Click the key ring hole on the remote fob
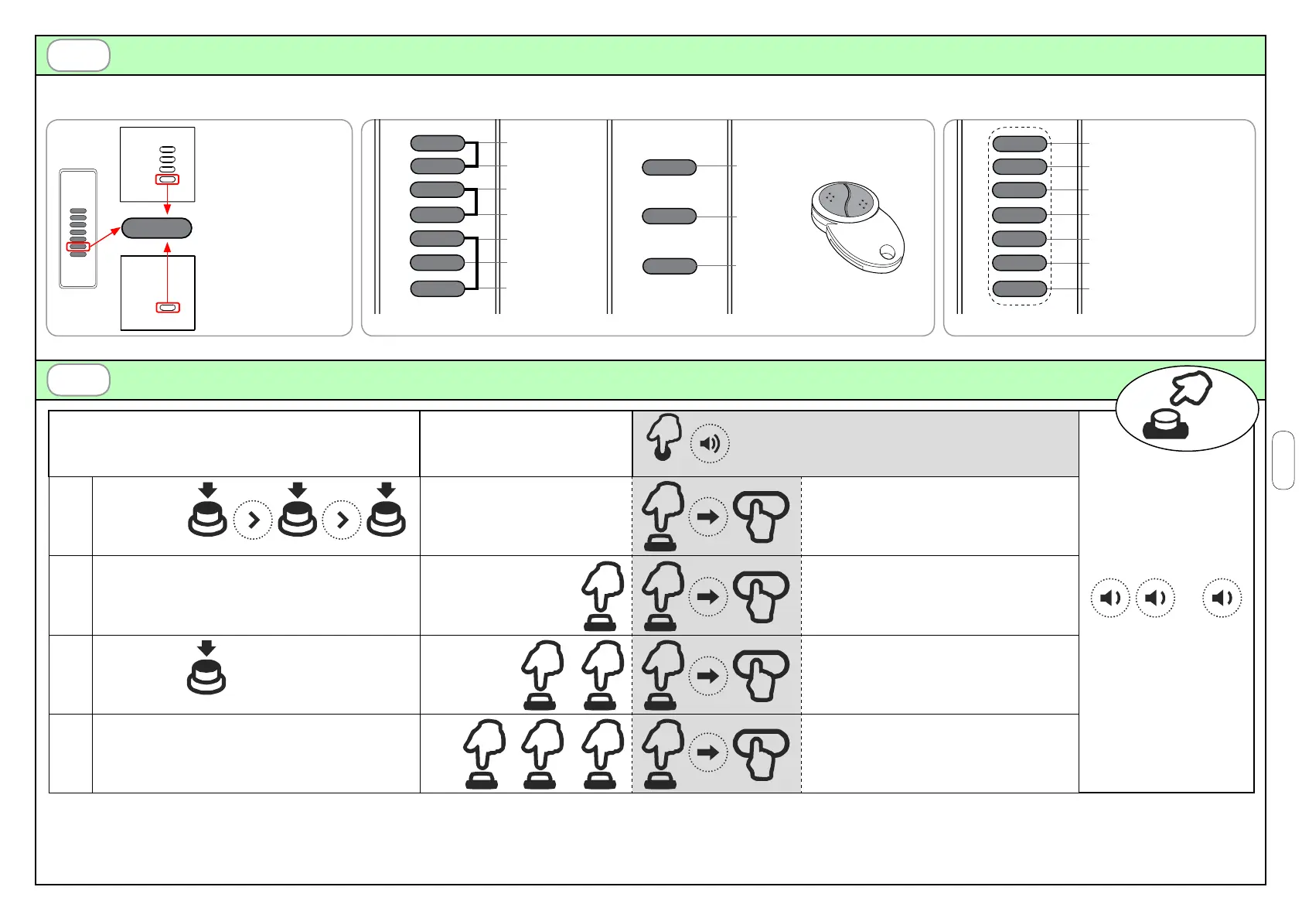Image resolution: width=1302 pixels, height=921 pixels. (x=888, y=251)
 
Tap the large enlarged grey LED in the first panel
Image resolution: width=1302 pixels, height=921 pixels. (x=157, y=228)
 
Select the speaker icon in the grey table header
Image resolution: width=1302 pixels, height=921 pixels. (x=709, y=443)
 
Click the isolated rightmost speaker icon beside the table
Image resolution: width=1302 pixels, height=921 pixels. (x=1222, y=598)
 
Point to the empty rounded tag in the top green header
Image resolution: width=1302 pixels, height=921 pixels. (x=78, y=56)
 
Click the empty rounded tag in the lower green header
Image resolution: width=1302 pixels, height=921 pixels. (x=78, y=380)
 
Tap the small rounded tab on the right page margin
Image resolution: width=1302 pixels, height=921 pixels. (x=1283, y=460)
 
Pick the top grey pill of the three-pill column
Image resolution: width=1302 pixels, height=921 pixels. (x=670, y=167)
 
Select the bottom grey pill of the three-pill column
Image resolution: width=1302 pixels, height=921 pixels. (x=670, y=266)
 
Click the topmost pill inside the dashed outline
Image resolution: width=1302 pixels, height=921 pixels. (x=1019, y=143)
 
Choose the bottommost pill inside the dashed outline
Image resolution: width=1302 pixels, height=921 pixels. (x=1019, y=289)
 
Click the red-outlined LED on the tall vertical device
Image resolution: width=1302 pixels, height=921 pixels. (x=78, y=247)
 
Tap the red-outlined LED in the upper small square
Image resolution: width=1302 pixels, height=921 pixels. (x=167, y=179)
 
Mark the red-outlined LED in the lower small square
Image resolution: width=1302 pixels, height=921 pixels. (x=167, y=308)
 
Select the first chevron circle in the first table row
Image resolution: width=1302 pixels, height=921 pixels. (x=253, y=521)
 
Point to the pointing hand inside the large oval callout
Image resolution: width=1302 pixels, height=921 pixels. (x=1191, y=389)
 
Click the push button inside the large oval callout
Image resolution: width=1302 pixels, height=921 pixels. (x=1165, y=425)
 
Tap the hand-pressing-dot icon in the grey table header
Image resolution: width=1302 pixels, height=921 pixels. (x=663, y=437)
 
